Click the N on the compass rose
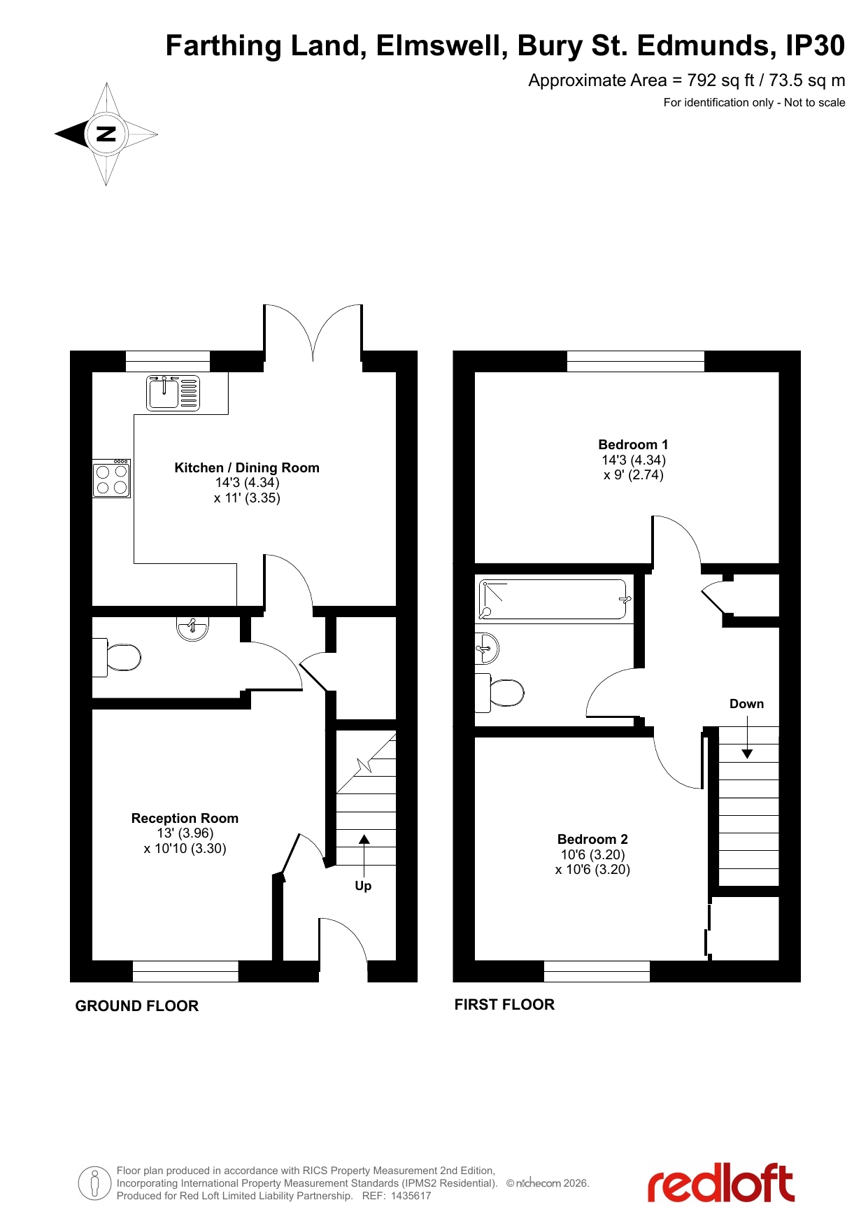106,134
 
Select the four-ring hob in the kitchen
112,479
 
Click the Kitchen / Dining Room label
247,467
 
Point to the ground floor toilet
117,657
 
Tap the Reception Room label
185,818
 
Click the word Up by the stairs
363,886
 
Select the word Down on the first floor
746,704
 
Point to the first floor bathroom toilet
499,693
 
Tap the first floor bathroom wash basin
488,649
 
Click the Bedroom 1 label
633,444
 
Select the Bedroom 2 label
592,839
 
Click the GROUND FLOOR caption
137,1005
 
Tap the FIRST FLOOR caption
504,1004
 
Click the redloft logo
720,1183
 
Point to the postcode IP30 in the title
815,45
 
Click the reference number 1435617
411,1196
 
